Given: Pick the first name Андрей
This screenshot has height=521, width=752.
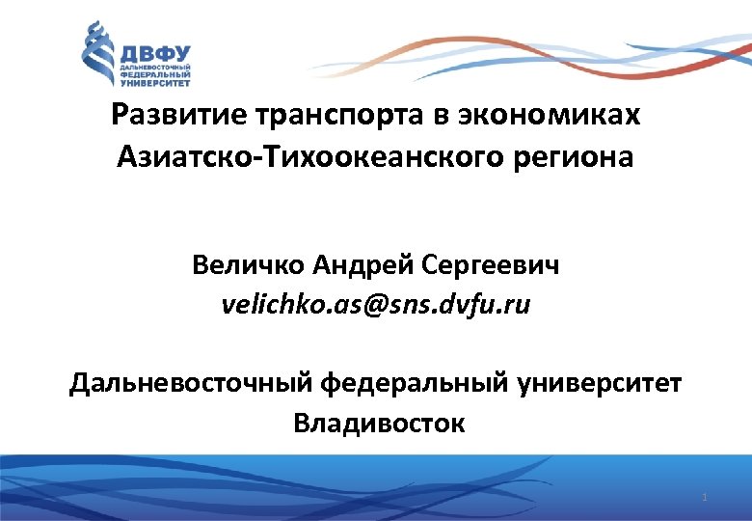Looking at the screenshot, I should [x=363, y=264].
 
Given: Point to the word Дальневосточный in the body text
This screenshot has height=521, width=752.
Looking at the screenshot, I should [x=189, y=383].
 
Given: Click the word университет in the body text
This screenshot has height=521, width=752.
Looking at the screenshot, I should [x=604, y=383].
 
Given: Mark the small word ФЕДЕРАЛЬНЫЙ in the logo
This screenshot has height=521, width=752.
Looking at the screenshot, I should [x=153, y=74].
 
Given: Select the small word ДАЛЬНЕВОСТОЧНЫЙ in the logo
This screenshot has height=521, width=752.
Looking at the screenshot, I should [x=153, y=68].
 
